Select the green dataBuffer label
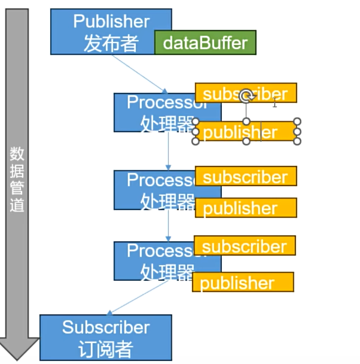(x=205, y=43)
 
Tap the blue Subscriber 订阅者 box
(x=105, y=338)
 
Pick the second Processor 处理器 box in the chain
(x=154, y=190)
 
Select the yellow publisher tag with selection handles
(x=242, y=132)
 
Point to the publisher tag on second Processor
(x=245, y=208)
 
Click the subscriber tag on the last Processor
(x=245, y=246)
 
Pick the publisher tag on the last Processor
(x=243, y=283)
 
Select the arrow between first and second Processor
(x=169, y=151)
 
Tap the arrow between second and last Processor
(x=169, y=225)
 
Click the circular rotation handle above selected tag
(x=246, y=96)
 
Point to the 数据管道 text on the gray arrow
(x=18, y=180)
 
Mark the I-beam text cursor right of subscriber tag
(x=274, y=102)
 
